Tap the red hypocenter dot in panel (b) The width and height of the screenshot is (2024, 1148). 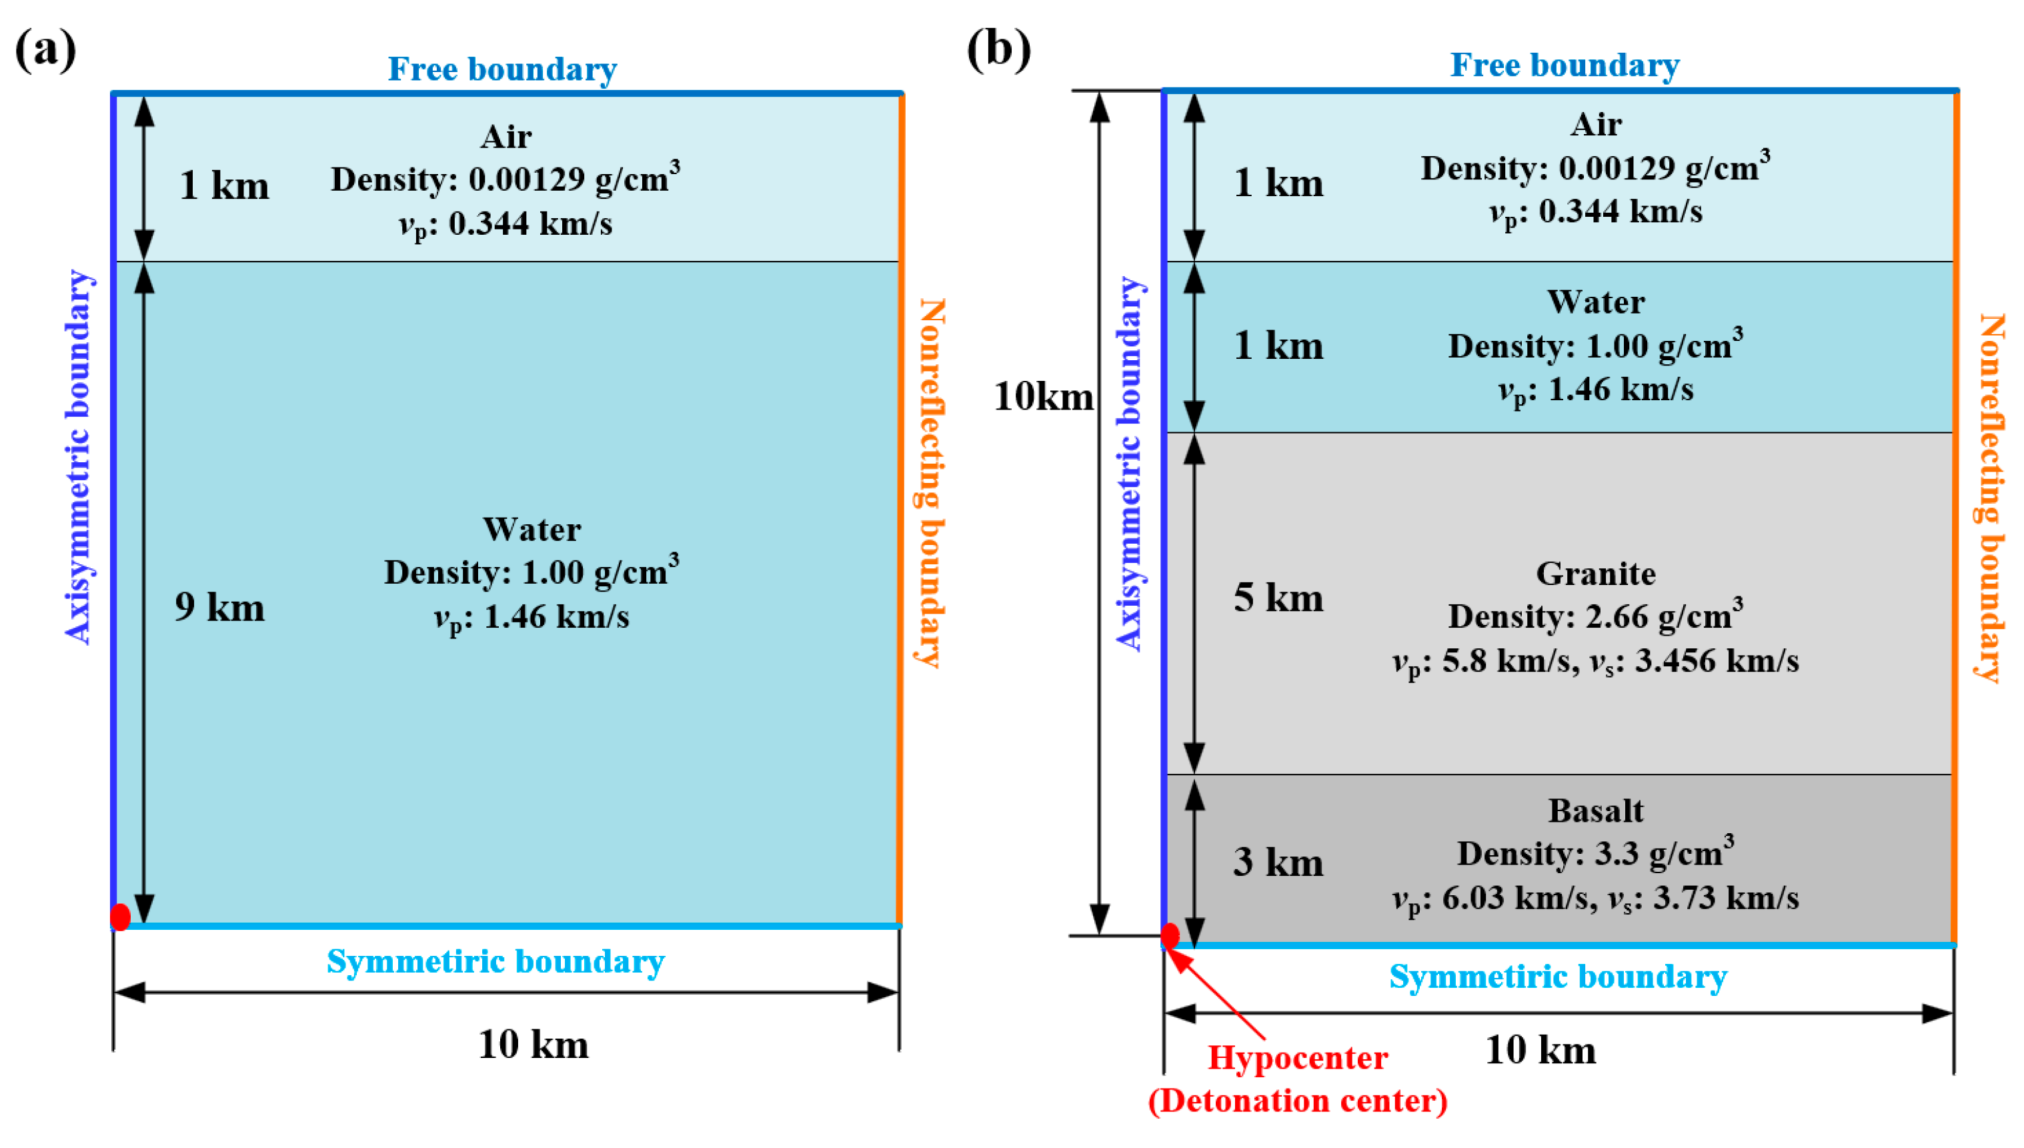click(1170, 936)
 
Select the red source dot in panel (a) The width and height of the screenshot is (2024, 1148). click(120, 917)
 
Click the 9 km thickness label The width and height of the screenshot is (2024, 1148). click(219, 608)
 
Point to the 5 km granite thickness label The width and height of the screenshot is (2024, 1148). click(1278, 598)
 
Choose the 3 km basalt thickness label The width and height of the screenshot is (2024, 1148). click(1278, 863)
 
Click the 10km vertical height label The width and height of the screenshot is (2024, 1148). click(1043, 397)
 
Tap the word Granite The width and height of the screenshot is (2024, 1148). click(1595, 574)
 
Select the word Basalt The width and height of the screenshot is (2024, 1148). click(1595, 810)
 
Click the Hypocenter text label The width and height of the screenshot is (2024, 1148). click(1297, 1058)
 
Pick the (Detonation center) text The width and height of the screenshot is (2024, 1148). click(1297, 1101)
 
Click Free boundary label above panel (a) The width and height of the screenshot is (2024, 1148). click(502, 69)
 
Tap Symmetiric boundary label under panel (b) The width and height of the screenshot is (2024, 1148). click(1557, 977)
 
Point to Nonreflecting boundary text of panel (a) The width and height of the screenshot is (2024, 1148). click(930, 482)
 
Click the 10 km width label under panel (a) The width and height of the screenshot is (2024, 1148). click(533, 1045)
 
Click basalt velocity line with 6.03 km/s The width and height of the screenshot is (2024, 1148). click(1595, 898)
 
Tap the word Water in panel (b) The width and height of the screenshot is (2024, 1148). click(1595, 302)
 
